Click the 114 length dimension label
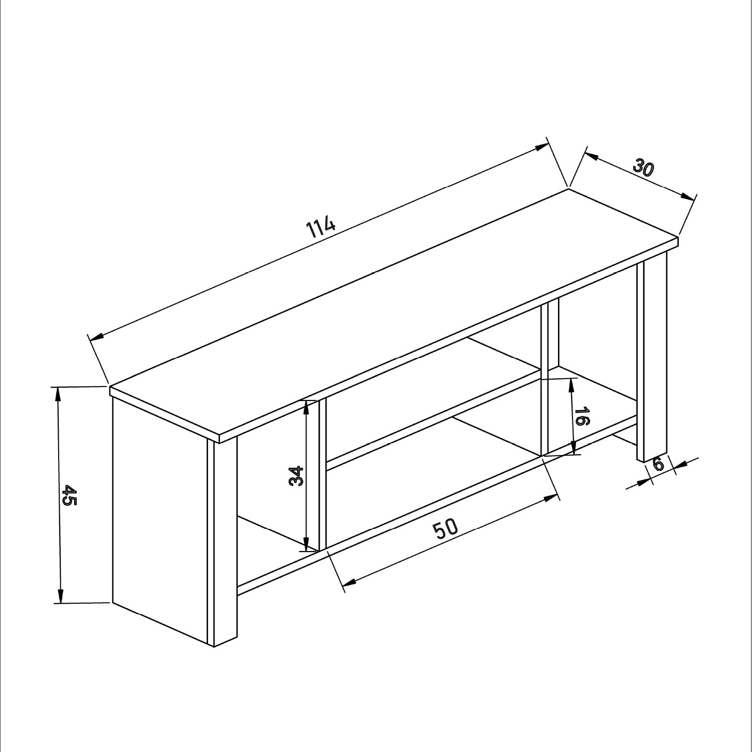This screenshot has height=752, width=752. coord(320,226)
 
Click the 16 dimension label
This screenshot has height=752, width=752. coord(582,417)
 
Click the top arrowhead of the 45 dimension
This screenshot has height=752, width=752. coord(58,394)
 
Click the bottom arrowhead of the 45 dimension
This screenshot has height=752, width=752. coord(61,596)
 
